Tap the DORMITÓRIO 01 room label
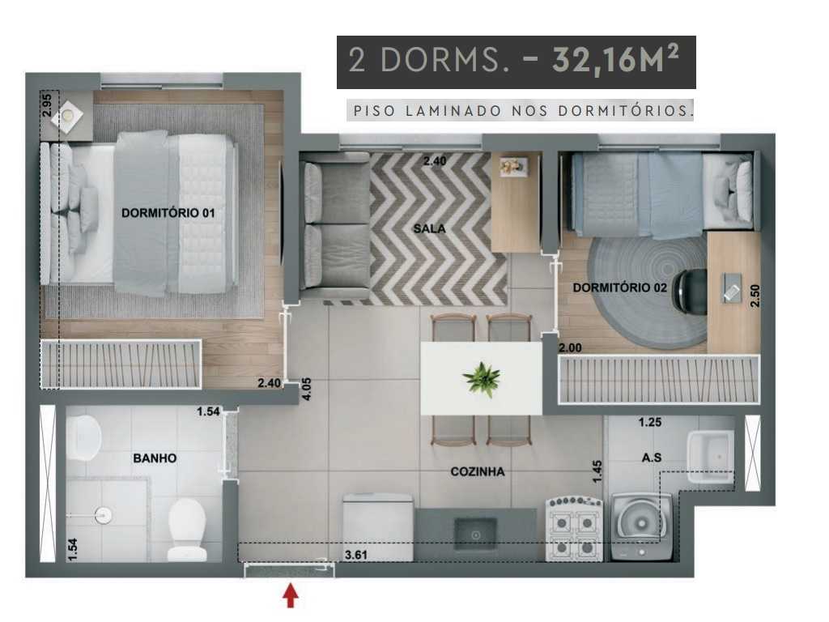pyautogui.click(x=167, y=213)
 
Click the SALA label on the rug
pyautogui.click(x=430, y=228)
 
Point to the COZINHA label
pyautogui.click(x=478, y=471)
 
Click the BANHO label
pyautogui.click(x=155, y=458)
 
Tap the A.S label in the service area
pyautogui.click(x=652, y=458)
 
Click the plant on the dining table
pyautogui.click(x=481, y=379)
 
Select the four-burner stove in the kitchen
pyautogui.click(x=575, y=529)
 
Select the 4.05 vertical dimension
pyautogui.click(x=306, y=390)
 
